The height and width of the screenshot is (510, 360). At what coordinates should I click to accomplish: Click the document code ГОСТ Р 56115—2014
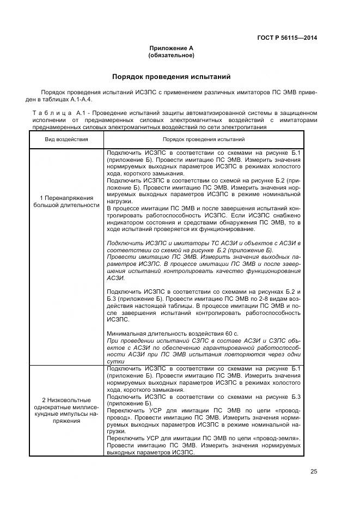point(286,38)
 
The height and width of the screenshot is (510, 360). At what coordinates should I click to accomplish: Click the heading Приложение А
point(171,48)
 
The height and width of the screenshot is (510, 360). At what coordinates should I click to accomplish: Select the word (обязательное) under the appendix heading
point(171,56)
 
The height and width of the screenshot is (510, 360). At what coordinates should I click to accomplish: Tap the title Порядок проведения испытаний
point(171,77)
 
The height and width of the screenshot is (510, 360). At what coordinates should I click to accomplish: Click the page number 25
point(314,472)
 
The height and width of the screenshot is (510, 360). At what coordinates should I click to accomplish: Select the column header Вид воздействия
point(66,139)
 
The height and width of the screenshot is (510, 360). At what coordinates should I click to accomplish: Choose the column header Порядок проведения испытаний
point(203,139)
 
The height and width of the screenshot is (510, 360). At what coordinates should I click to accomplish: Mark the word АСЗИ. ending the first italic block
point(115,278)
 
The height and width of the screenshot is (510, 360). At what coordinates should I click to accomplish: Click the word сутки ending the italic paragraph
point(116,361)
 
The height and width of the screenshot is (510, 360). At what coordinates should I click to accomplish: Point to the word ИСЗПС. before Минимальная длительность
point(118,320)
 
